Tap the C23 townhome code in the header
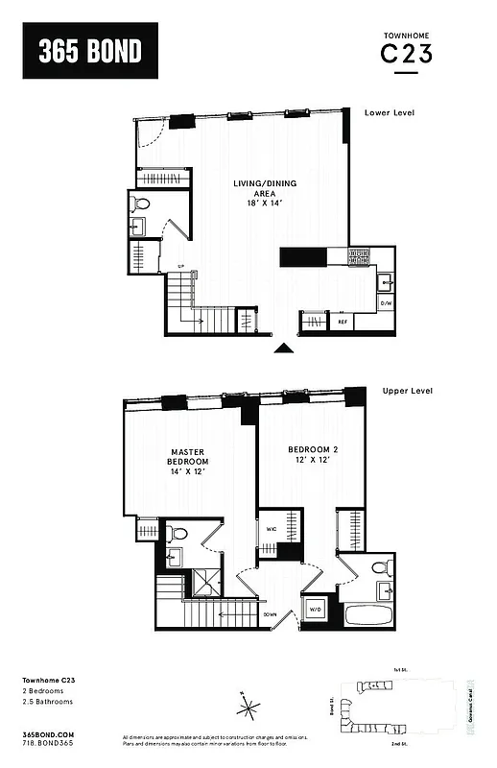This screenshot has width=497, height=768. (406, 55)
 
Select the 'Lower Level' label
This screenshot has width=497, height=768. (390, 113)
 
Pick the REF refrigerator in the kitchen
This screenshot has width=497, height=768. (341, 323)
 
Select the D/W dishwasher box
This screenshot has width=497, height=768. (386, 304)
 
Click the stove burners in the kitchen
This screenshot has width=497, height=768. (359, 256)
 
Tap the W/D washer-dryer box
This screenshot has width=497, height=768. (316, 608)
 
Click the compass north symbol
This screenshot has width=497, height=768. (248, 710)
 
